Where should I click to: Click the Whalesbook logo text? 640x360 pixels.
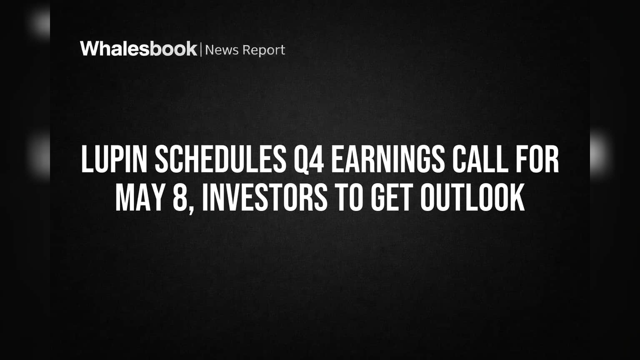click(139, 49)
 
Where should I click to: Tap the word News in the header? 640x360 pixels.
click(222, 50)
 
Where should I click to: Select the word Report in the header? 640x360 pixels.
click(264, 50)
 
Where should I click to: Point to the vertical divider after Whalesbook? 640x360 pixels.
click(201, 49)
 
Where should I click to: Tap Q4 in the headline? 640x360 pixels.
click(309, 159)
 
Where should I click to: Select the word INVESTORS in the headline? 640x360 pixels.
click(265, 197)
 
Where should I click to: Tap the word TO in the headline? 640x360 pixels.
click(349, 197)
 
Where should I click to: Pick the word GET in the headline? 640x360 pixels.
click(392, 197)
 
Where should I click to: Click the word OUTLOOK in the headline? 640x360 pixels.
click(472, 197)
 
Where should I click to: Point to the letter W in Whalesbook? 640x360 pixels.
click(90, 49)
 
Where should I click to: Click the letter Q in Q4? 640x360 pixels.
click(301, 160)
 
